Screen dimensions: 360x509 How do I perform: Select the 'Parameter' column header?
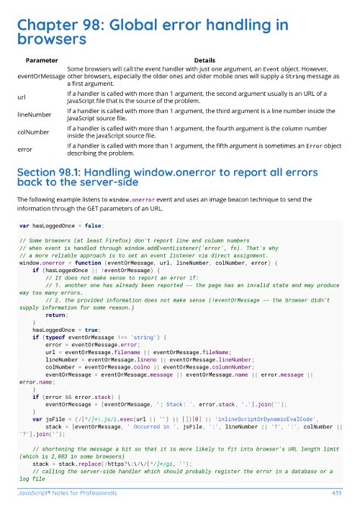[42, 60]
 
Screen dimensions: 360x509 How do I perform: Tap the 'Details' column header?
[204, 60]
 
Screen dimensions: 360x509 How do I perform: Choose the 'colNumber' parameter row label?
[33, 131]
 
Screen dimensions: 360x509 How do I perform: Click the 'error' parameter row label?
[25, 149]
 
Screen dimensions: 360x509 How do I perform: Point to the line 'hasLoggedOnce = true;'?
[66, 330]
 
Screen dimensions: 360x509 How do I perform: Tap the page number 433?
[336, 492]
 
